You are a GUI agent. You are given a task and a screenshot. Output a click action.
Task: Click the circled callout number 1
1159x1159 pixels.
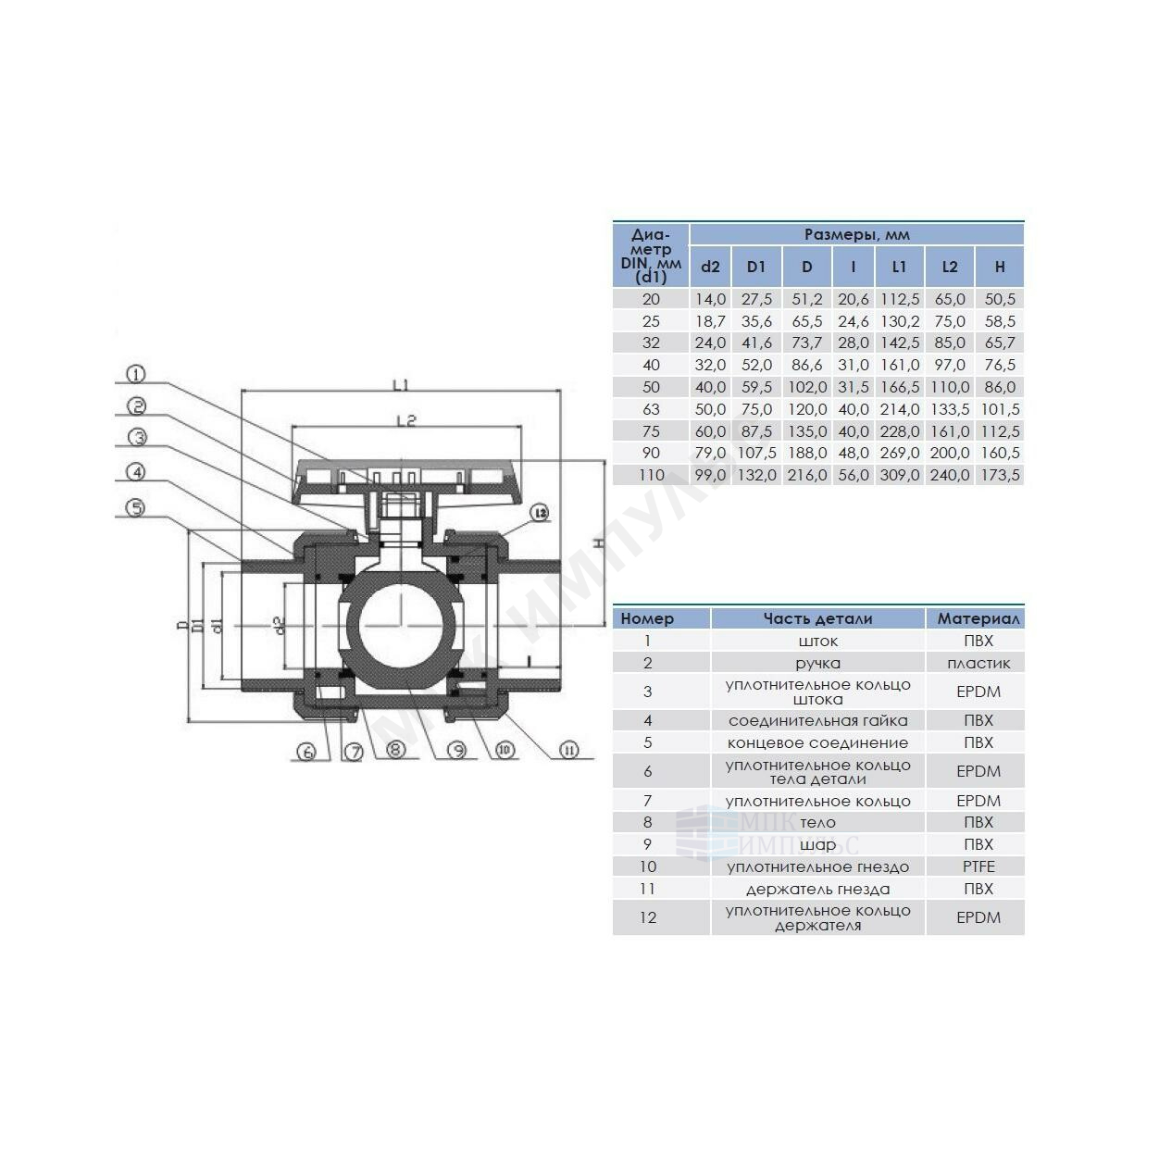(136, 374)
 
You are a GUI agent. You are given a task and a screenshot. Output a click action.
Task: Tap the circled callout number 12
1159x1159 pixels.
(540, 513)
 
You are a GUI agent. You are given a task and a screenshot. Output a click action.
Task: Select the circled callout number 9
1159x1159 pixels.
(457, 750)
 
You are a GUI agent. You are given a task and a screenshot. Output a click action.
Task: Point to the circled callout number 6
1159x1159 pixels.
(306, 751)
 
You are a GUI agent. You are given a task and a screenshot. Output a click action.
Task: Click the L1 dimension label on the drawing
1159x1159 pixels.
(401, 385)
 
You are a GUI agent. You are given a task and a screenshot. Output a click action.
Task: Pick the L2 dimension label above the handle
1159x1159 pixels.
(407, 420)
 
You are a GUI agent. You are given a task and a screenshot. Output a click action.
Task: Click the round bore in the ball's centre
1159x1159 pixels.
(399, 626)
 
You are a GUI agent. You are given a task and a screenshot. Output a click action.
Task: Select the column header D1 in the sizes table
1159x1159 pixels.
(755, 267)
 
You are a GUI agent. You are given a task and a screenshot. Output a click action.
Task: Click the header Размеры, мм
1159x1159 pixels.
(856, 234)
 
